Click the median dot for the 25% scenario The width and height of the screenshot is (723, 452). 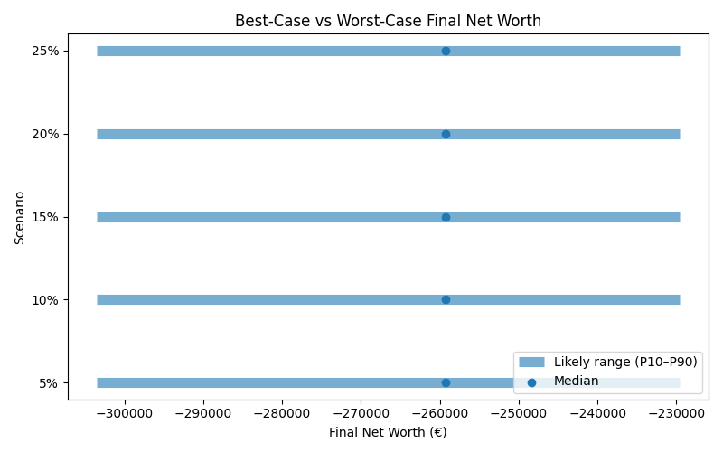pyautogui.click(x=446, y=51)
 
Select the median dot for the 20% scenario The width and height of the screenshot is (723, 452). pyautogui.click(x=446, y=134)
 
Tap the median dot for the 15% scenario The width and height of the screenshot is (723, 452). pyautogui.click(x=446, y=217)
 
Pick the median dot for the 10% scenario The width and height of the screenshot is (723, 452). pyautogui.click(x=446, y=299)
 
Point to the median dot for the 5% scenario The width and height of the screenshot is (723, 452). pyautogui.click(x=446, y=382)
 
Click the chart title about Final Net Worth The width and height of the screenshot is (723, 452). pyautogui.click(x=388, y=21)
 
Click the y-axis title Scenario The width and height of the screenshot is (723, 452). pyautogui.click(x=19, y=217)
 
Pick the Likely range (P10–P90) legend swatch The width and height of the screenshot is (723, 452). pyautogui.click(x=532, y=362)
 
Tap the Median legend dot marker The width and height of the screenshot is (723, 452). pyautogui.click(x=532, y=381)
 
